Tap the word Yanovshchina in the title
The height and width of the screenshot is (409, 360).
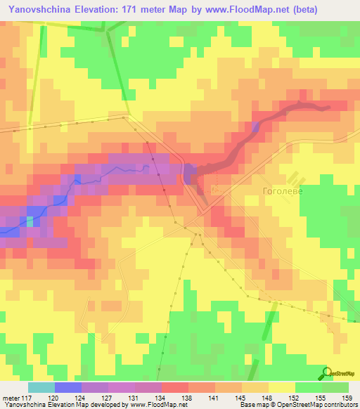33,10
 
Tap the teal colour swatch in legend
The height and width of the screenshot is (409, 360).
41,387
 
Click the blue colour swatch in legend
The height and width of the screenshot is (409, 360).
68,387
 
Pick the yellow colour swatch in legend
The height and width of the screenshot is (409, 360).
282,387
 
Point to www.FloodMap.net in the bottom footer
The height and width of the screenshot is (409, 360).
150,405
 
